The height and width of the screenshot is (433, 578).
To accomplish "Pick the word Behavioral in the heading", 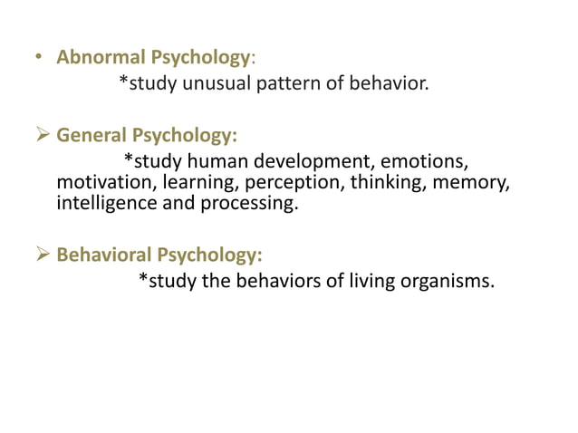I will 102,255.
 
